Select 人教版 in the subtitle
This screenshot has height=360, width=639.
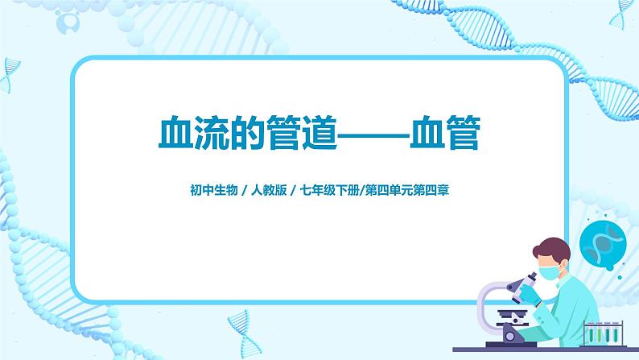point(269,192)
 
